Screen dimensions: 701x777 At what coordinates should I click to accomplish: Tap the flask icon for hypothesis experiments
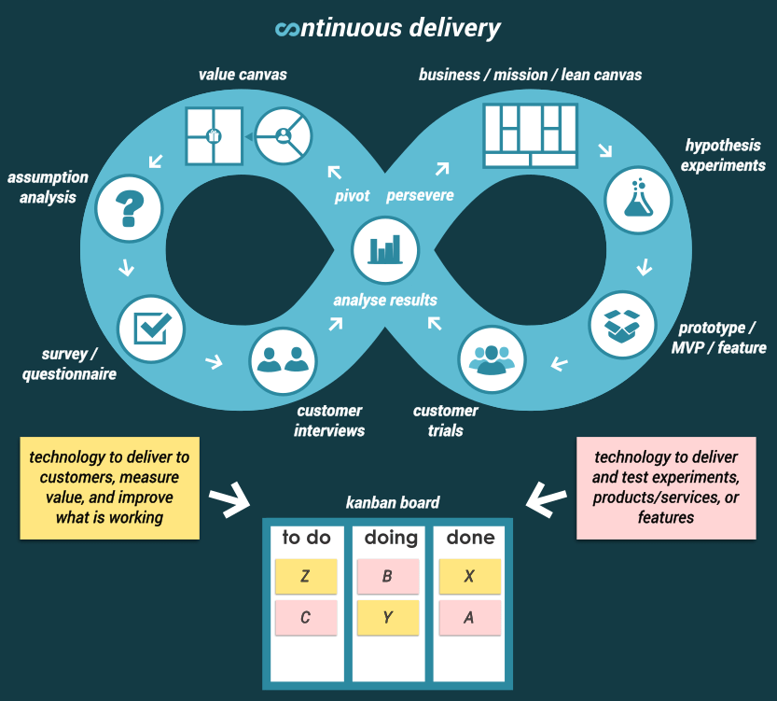pos(638,199)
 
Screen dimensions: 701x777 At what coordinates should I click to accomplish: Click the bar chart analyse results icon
pos(385,250)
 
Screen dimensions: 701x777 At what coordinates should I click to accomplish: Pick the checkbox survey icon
pos(151,327)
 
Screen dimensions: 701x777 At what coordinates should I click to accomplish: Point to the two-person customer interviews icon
pos(283,359)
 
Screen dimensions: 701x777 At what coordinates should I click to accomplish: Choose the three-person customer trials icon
pos(492,359)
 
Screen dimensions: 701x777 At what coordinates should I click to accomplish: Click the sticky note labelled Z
pos(306,577)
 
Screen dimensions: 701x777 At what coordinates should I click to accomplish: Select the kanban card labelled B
pos(387,577)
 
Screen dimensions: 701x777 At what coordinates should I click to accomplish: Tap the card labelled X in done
pos(469,577)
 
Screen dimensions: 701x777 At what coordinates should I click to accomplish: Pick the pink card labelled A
pos(469,617)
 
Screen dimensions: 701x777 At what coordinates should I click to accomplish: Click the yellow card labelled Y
pos(387,617)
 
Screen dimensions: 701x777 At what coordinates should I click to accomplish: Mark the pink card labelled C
pos(306,617)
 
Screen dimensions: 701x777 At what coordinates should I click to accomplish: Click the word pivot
pos(353,196)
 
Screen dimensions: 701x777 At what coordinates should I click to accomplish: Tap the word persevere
pos(420,196)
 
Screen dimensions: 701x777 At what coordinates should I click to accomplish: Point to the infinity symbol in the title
pos(287,30)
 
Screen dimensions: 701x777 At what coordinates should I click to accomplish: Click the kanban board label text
pos(392,502)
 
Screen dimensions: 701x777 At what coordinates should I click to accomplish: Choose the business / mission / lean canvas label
pos(530,75)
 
